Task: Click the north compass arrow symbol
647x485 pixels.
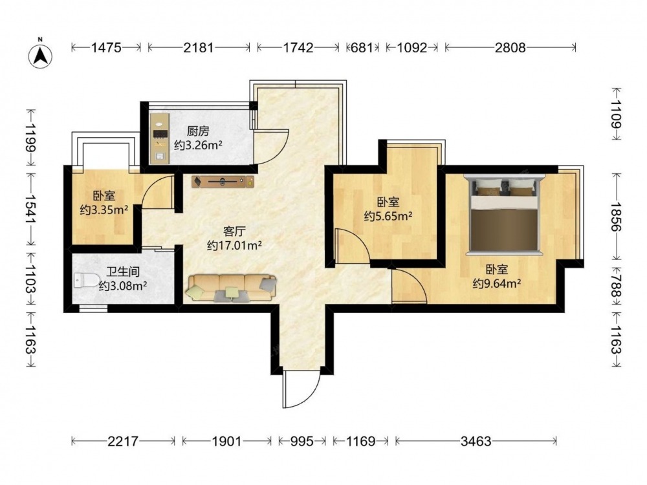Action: pos(40,55)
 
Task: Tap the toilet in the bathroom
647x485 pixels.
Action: pos(87,281)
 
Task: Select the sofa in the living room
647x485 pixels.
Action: pos(232,288)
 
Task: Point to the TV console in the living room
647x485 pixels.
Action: pos(223,182)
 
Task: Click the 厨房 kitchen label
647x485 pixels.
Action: pos(198,131)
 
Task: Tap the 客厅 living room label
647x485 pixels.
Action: pos(234,231)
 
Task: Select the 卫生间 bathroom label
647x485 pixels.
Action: pos(123,272)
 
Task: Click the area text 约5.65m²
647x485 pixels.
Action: pos(388,216)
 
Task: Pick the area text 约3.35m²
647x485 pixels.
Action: pos(104,210)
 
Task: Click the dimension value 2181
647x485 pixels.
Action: pos(199,48)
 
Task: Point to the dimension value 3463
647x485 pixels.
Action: pos(476,441)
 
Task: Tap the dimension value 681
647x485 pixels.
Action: pos(362,48)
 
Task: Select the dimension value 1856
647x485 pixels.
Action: pos(616,217)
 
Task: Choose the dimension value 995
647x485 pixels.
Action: pos(302,441)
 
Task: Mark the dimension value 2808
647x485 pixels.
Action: pos(510,48)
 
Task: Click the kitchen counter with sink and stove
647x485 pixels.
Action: pos(160,138)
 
